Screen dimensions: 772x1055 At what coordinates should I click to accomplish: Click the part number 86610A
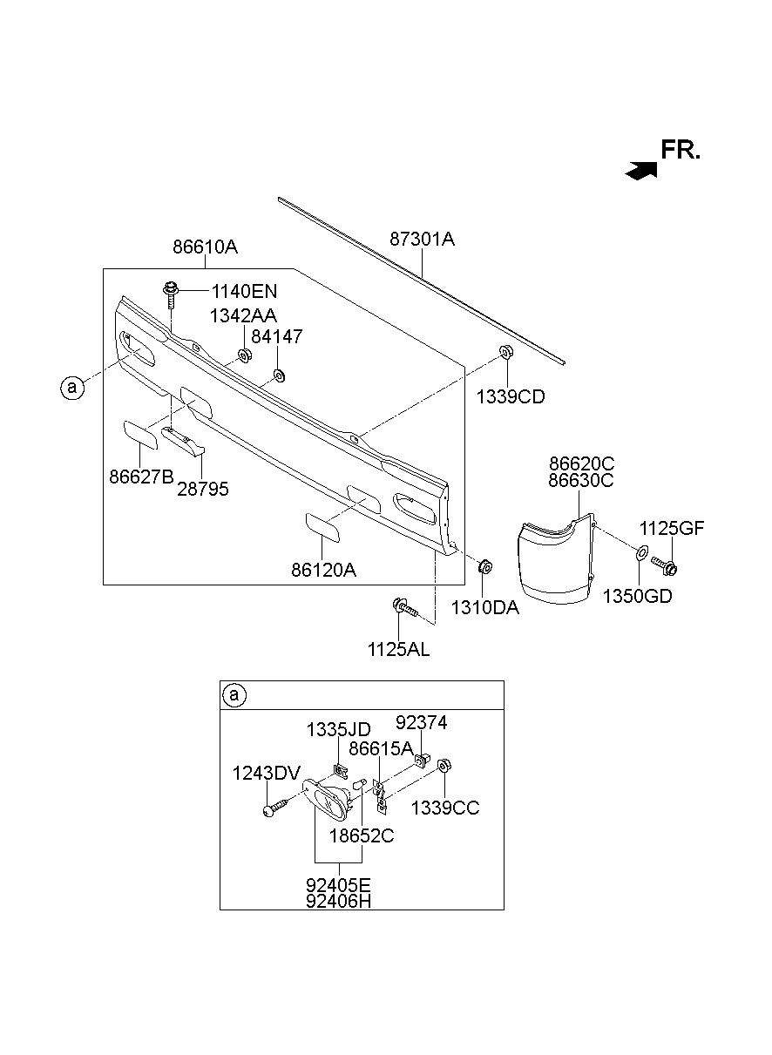205,247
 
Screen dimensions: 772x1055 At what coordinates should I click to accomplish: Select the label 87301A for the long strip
422,240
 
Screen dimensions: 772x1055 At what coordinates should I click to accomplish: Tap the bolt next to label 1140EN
171,294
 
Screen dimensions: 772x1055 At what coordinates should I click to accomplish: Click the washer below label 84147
279,375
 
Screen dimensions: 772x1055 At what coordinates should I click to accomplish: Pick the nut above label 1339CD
506,352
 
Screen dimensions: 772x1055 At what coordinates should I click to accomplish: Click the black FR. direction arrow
641,171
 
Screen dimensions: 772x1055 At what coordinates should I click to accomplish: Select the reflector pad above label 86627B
140,436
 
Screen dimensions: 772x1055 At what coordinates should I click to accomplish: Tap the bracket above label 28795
183,443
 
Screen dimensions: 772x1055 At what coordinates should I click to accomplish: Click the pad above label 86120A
322,528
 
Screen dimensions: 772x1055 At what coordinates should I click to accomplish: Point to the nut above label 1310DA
485,566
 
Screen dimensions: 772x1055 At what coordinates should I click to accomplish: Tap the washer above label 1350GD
642,554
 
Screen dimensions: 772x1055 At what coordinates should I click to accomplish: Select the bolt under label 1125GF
664,565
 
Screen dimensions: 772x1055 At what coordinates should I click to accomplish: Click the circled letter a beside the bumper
72,388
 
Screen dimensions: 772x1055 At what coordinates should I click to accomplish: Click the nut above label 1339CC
444,766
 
